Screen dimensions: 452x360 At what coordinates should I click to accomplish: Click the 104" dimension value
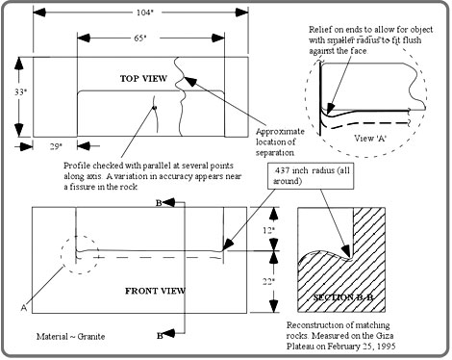(145, 13)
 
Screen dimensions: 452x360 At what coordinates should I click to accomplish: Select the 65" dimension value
(140, 38)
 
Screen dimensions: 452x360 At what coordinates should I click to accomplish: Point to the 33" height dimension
(20, 92)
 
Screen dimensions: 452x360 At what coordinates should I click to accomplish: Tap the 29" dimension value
(56, 146)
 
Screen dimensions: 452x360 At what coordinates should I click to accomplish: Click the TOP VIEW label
(143, 79)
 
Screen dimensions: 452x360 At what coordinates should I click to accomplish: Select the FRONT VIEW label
(155, 291)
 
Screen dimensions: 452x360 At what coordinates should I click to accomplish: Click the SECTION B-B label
(343, 297)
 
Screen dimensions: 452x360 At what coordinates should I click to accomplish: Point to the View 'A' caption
(370, 139)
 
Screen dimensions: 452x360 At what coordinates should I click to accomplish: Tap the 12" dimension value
(269, 230)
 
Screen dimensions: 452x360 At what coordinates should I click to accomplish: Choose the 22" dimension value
(269, 281)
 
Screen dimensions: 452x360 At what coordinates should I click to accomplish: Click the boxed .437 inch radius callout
(311, 175)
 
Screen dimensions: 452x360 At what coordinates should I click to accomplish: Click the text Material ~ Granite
(70, 336)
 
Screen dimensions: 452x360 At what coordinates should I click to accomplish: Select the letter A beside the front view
(24, 308)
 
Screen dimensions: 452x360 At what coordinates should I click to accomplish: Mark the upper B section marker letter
(159, 203)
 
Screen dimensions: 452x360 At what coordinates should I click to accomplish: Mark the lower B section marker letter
(160, 336)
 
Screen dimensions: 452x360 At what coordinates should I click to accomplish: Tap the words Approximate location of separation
(280, 141)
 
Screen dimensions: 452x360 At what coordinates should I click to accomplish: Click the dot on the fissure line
(154, 108)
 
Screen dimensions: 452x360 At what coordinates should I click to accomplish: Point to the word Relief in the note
(319, 30)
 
